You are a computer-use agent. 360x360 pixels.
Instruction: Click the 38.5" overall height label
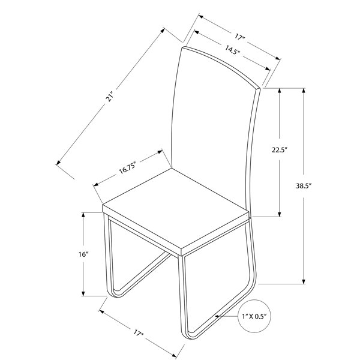click(303, 186)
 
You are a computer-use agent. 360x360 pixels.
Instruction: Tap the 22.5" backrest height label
click(280, 150)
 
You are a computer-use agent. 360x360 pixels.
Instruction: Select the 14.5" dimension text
click(232, 50)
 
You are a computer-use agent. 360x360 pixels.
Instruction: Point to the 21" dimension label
click(110, 97)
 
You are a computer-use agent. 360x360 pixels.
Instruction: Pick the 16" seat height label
click(83, 254)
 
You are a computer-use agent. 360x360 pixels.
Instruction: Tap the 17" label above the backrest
click(240, 37)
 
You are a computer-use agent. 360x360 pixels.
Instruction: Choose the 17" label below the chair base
click(139, 333)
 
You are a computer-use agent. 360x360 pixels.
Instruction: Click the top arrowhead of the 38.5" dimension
click(304, 90)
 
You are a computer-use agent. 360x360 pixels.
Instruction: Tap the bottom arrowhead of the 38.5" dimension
click(304, 282)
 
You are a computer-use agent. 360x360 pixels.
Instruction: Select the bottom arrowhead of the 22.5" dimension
click(280, 214)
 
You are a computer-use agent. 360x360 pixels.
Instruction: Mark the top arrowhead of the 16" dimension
click(83, 215)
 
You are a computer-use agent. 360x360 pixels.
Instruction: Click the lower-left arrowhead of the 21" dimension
click(58, 163)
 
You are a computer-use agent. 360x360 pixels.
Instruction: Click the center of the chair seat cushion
click(176, 208)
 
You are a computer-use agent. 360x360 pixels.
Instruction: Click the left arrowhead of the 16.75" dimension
click(96, 184)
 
